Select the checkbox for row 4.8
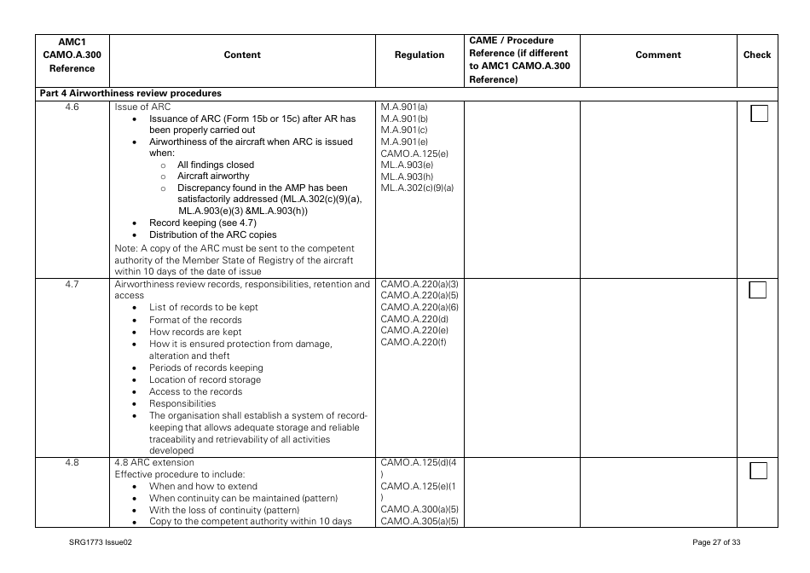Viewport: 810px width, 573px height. coord(759,471)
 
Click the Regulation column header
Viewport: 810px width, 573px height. coord(419,55)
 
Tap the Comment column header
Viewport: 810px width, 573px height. coord(658,55)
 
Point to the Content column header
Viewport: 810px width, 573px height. coord(242,55)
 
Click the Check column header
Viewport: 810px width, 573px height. coord(757,55)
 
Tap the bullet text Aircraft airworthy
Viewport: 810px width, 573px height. coord(213,177)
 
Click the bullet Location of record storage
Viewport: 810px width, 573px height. coord(205,380)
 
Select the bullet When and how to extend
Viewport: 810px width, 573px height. coord(198,486)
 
